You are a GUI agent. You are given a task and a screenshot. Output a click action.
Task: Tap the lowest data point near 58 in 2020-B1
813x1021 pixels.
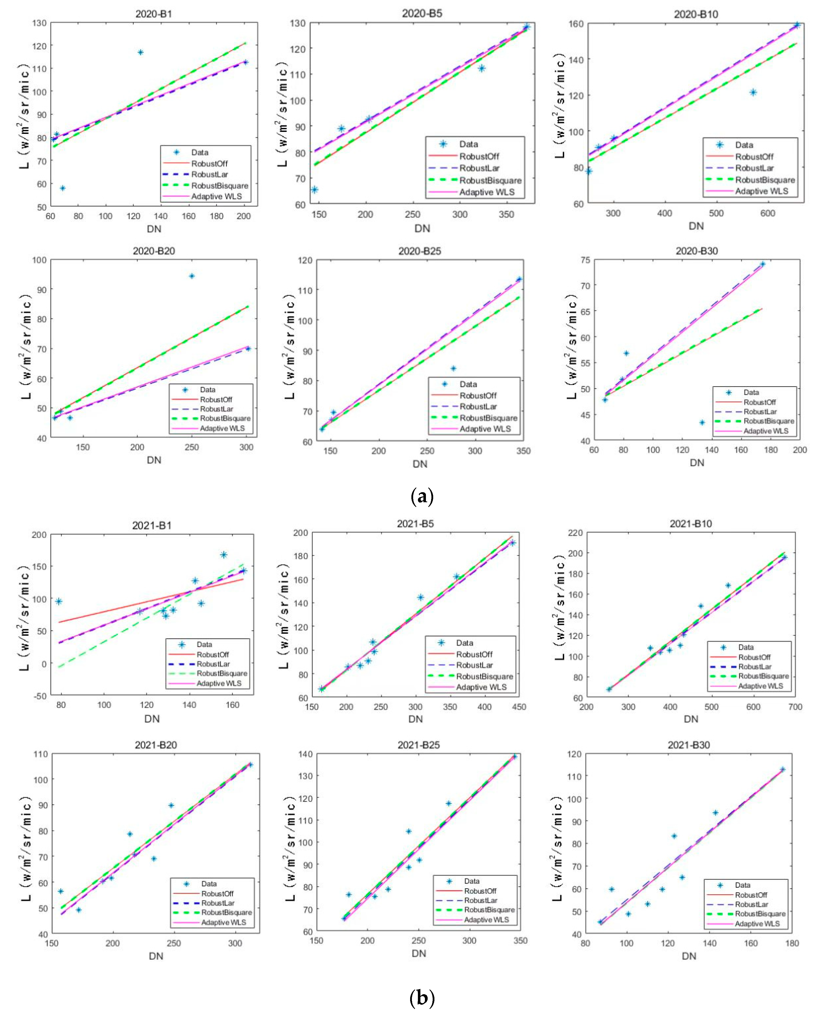[x=62, y=188]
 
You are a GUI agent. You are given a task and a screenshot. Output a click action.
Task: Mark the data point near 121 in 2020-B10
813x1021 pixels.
[x=753, y=92]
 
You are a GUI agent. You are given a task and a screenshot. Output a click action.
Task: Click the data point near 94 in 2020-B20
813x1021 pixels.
[x=192, y=276]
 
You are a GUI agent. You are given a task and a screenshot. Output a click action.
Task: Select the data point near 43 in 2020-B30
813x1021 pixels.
[x=702, y=422]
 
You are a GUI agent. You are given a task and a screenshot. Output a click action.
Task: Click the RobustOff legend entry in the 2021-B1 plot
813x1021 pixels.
[x=212, y=654]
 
